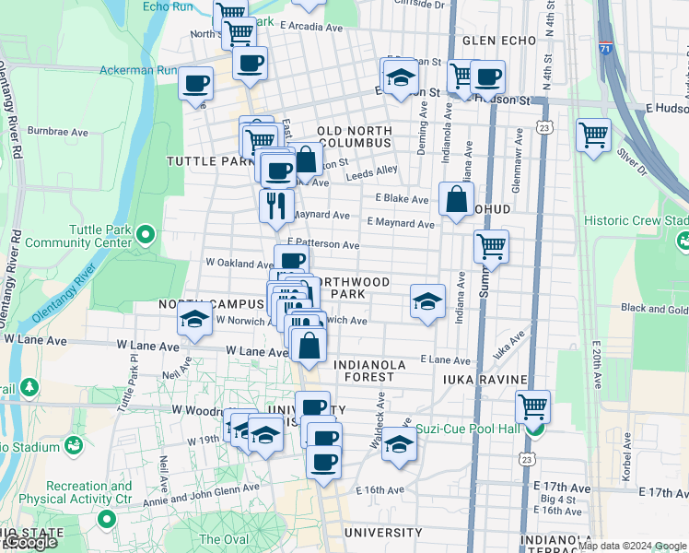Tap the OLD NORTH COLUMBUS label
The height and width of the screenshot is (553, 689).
(355, 137)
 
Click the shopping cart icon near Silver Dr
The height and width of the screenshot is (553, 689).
(593, 135)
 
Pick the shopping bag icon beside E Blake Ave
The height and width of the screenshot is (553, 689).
(456, 198)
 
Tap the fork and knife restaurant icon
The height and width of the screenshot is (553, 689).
(275, 205)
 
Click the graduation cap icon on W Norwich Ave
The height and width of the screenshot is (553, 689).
(194, 320)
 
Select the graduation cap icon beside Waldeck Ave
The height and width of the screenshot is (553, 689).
(398, 443)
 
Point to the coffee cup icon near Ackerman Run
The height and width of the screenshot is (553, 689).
(195, 84)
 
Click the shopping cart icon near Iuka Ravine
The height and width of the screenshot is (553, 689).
(532, 406)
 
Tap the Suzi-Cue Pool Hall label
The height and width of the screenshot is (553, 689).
(468, 429)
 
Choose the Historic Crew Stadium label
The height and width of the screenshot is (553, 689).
(636, 221)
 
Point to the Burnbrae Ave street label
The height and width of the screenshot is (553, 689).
(58, 133)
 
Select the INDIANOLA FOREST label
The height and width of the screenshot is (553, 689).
(369, 371)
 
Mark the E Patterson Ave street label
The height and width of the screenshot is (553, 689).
(322, 245)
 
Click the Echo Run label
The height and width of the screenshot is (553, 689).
(168, 6)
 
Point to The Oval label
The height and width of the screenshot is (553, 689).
(224, 539)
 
